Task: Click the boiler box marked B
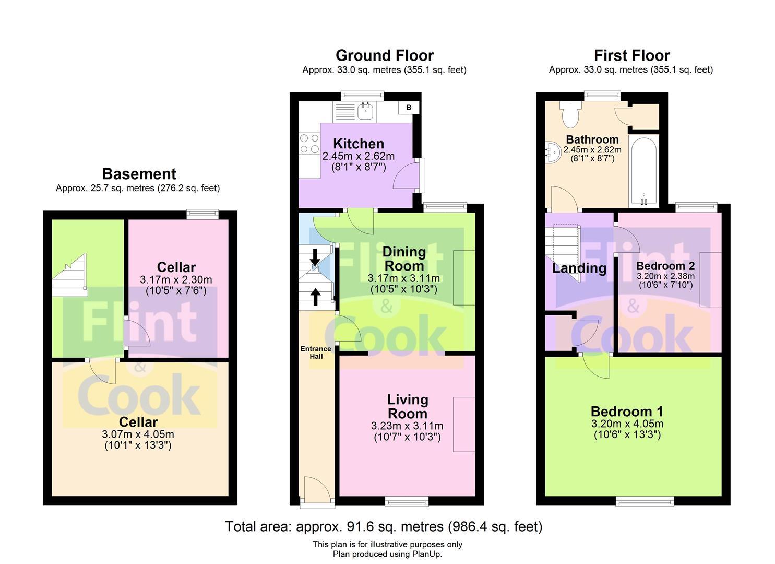409,108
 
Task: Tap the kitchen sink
365,110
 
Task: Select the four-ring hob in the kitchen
309,144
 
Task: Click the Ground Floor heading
385,55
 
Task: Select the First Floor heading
631,55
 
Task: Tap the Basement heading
139,174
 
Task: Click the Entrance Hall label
316,352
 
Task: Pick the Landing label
579,268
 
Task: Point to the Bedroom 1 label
627,412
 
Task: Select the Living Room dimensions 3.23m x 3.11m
407,426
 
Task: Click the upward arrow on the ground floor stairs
315,297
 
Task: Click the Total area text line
384,526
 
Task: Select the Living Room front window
407,502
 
